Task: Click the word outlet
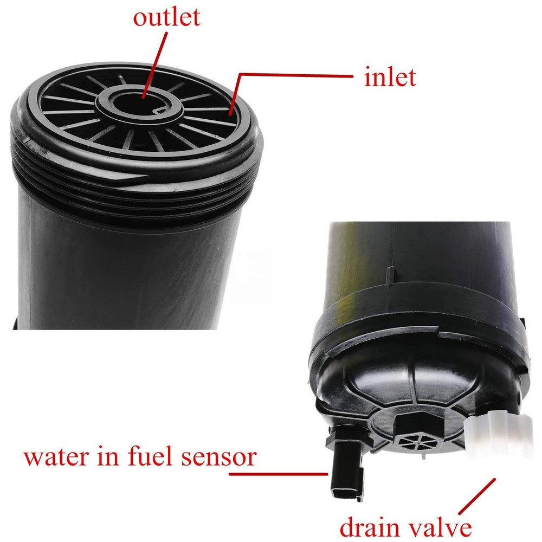(x=166, y=18)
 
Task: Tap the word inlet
(x=390, y=78)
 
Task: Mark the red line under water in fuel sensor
(x=279, y=473)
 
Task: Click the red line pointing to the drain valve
(x=477, y=496)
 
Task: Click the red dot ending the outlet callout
(x=142, y=97)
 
